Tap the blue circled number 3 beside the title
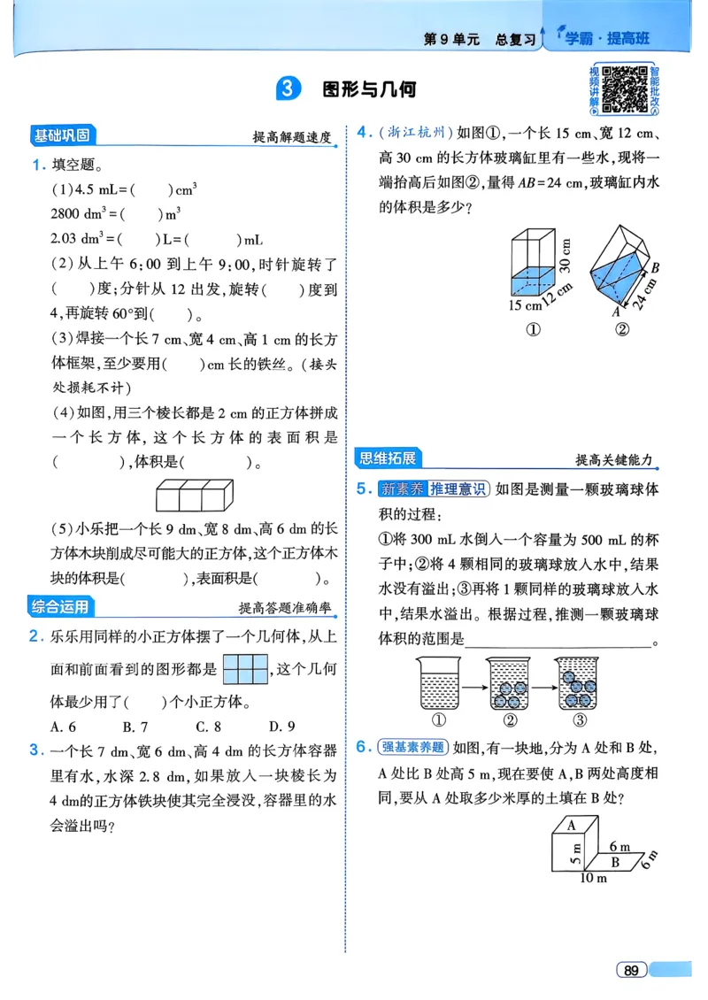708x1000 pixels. click(289, 89)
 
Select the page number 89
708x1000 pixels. click(630, 970)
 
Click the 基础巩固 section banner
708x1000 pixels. click(62, 136)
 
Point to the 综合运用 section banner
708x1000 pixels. click(61, 607)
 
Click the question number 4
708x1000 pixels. click(363, 134)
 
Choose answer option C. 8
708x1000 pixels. click(208, 727)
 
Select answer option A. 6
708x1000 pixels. click(64, 727)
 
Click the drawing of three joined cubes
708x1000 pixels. click(195, 495)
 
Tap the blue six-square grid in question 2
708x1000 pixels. click(244, 669)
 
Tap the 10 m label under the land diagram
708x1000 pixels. click(593, 878)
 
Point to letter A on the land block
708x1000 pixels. click(572, 824)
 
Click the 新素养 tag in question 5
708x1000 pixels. click(402, 488)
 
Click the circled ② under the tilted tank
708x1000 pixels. click(621, 330)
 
